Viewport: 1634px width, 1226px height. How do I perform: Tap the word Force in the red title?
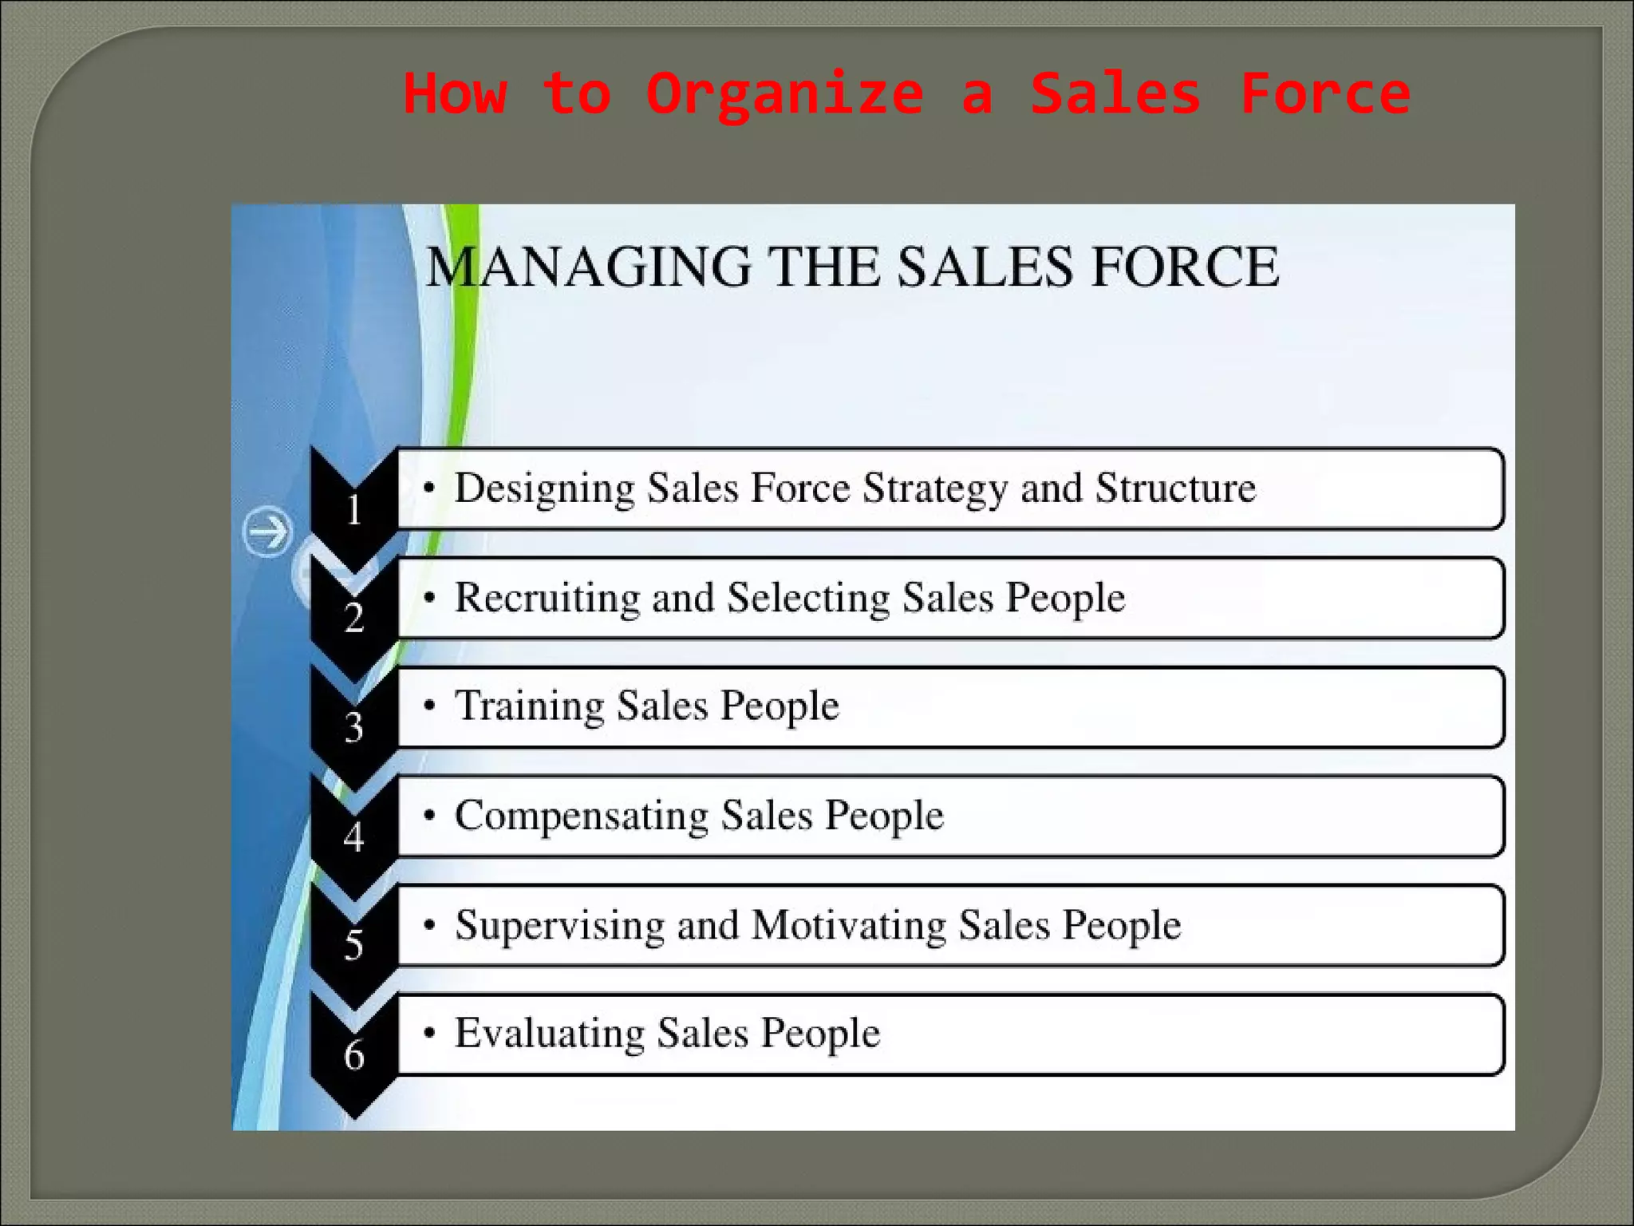click(x=1324, y=94)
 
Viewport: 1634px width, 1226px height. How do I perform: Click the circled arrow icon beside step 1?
click(x=266, y=532)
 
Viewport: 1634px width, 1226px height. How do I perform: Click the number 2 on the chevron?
click(x=353, y=618)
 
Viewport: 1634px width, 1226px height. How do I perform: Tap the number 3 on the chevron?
click(x=353, y=727)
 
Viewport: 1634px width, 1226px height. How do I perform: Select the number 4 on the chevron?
click(x=353, y=836)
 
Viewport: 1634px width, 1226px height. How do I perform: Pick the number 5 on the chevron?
click(x=353, y=945)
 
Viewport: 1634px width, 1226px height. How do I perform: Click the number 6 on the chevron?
click(x=353, y=1055)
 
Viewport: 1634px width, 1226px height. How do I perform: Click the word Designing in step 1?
click(x=544, y=488)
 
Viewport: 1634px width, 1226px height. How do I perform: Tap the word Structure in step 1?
click(x=1175, y=488)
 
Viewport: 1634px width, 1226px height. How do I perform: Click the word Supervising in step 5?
click(x=559, y=926)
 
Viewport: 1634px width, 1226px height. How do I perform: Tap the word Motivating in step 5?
click(x=848, y=925)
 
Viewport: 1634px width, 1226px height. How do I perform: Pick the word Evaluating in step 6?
click(x=549, y=1034)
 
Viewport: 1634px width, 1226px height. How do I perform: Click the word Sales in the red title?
click(x=1115, y=94)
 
